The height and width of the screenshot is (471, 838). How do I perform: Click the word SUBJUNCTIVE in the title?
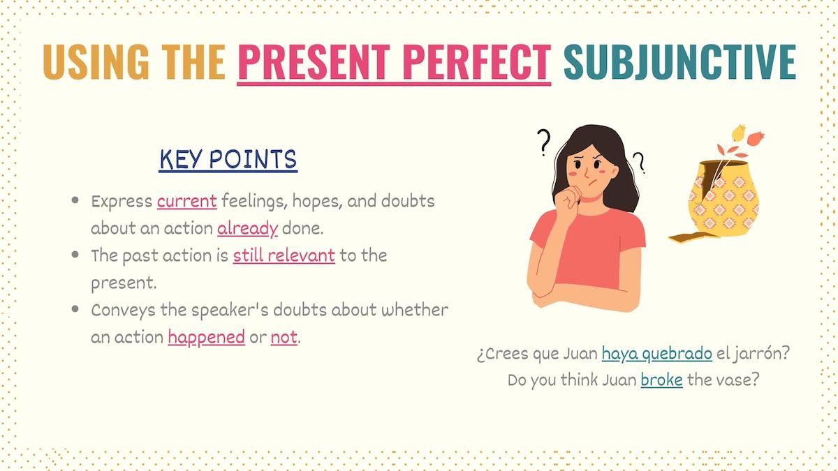[679, 61]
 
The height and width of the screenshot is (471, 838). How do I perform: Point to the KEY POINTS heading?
[228, 160]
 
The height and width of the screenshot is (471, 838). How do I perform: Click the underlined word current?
[187, 202]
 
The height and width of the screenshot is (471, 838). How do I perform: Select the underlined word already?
[247, 228]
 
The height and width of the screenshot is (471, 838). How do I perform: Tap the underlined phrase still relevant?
[284, 255]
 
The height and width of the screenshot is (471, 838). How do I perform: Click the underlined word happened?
[206, 338]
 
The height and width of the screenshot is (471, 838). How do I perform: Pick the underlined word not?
[284, 338]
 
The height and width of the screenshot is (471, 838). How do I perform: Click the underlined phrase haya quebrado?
[656, 354]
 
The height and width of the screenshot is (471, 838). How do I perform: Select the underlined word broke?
[661, 381]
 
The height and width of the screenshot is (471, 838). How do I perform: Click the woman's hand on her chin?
[568, 199]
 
